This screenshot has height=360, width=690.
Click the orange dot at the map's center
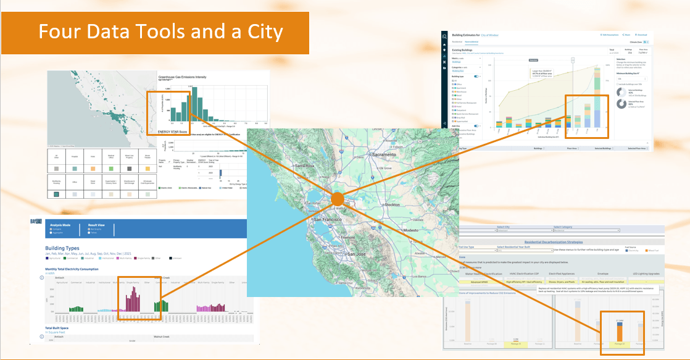point(337,199)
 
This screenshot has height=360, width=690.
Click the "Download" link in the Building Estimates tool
point(642,35)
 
